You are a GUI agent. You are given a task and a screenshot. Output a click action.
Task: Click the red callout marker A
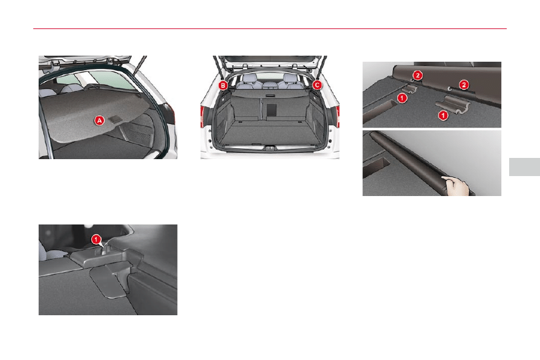click(100, 120)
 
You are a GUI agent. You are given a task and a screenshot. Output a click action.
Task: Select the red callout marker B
click(223, 85)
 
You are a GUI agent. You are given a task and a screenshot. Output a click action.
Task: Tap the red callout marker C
click(317, 85)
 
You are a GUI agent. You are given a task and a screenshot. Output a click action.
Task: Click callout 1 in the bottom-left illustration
click(96, 239)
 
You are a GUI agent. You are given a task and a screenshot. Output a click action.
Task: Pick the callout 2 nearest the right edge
click(464, 84)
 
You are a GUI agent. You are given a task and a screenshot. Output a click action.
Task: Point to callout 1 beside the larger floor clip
click(443, 115)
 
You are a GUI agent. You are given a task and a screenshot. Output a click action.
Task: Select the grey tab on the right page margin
click(524, 167)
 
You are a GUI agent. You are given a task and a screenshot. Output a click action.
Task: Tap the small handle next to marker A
click(114, 119)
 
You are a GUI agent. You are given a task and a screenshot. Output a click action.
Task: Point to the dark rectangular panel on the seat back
click(272, 110)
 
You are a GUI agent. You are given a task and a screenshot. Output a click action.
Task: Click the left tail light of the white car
click(202, 117)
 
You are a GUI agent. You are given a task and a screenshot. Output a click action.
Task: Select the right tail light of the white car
click(338, 117)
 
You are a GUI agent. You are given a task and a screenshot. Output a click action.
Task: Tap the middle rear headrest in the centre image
click(268, 84)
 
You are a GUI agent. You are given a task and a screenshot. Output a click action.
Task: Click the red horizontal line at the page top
click(270, 28)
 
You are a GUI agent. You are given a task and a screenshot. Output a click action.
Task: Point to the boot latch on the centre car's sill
click(269, 147)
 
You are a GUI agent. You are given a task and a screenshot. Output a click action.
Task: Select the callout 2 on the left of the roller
click(417, 75)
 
